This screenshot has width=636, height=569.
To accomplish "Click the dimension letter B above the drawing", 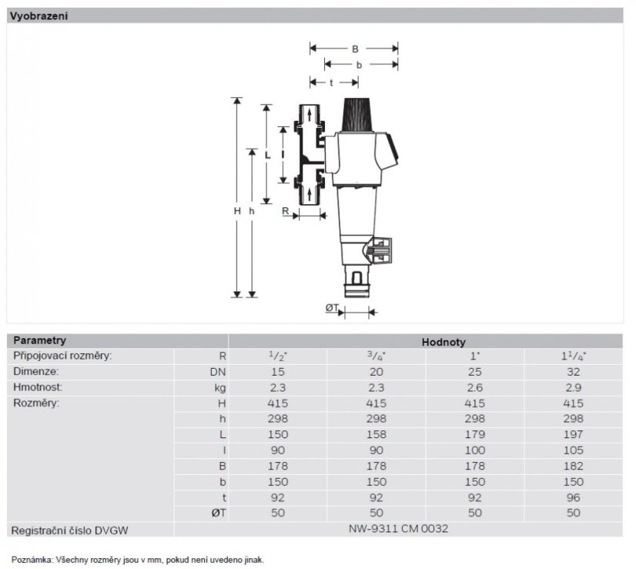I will (x=355, y=49).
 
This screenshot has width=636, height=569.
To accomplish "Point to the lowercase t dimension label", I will (x=330, y=82).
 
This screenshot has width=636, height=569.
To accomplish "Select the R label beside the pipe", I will (x=285, y=209).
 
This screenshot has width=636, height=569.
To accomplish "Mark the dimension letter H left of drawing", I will (x=239, y=210).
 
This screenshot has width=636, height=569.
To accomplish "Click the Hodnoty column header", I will (x=443, y=342).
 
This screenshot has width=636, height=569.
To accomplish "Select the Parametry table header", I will (x=39, y=340).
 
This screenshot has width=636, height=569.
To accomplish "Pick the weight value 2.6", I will (x=474, y=387).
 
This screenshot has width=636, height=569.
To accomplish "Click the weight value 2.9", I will (x=573, y=387).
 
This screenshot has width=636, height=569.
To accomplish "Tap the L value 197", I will (x=573, y=434).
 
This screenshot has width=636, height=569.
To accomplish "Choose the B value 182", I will (x=573, y=466).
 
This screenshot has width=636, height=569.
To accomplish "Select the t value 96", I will (x=573, y=497).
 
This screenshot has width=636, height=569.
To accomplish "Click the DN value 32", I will (x=573, y=372).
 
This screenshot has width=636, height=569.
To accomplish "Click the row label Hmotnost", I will (x=38, y=387).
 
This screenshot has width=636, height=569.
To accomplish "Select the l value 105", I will (x=573, y=450).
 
